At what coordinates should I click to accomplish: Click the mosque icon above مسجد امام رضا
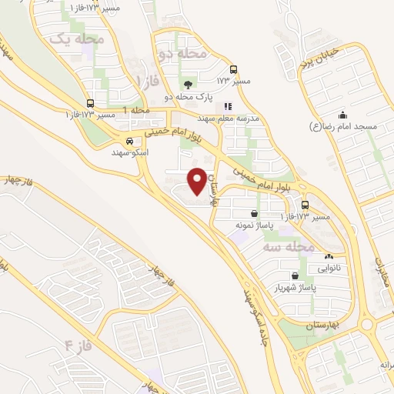(342, 115)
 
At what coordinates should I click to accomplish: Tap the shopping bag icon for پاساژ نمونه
(255, 214)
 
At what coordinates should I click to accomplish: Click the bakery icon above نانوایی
(329, 257)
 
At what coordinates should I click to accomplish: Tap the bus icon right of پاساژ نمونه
(306, 205)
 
